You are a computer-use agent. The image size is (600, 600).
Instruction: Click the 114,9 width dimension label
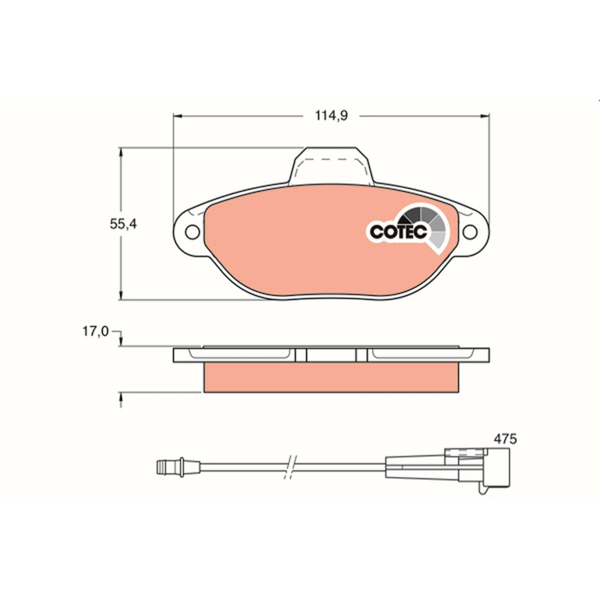[x=331, y=115]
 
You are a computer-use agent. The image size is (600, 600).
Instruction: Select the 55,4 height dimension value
[x=123, y=223]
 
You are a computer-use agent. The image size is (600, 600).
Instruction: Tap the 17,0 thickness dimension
[x=96, y=331]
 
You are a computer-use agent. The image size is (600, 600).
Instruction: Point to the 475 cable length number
[x=505, y=439]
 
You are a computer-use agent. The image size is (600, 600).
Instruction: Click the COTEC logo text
[x=398, y=232]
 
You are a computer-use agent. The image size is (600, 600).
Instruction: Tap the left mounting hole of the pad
[x=192, y=232]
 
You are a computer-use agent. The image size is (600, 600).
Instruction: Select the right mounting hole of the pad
[x=470, y=232]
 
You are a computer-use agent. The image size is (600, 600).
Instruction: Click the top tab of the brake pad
[x=331, y=165]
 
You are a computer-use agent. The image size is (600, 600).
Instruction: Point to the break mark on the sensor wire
[x=291, y=466]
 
